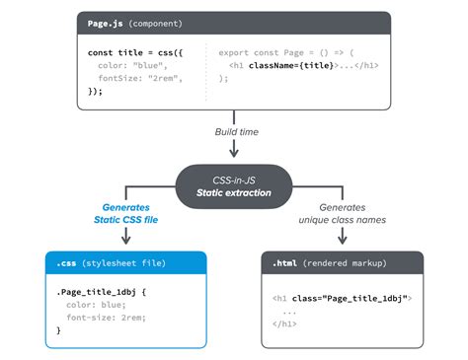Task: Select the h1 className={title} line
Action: click(302, 67)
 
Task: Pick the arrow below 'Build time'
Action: click(234, 150)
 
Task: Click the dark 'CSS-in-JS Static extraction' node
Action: click(234, 180)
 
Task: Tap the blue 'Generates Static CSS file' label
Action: click(125, 214)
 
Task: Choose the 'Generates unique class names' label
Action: click(342, 214)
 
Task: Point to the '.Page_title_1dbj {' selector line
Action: click(102, 293)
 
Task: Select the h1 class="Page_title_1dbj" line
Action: click(342, 297)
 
